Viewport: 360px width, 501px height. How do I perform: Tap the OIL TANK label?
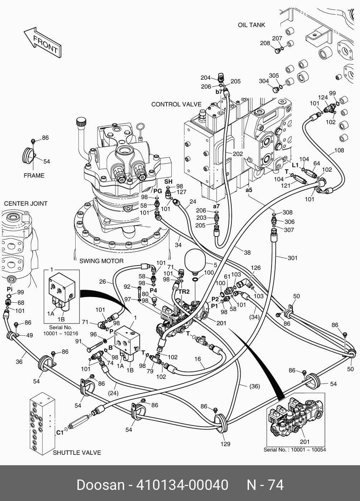click(x=251, y=25)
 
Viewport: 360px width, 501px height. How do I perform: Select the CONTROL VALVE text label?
click(x=176, y=104)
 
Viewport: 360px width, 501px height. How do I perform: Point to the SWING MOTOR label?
click(x=101, y=261)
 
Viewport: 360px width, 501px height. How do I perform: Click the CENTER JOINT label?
click(x=26, y=204)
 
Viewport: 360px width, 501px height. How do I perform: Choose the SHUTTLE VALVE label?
click(x=77, y=453)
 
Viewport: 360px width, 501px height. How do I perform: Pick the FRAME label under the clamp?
click(x=34, y=175)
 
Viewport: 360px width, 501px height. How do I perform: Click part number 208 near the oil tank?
click(x=265, y=43)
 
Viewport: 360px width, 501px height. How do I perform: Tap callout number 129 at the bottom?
click(x=225, y=444)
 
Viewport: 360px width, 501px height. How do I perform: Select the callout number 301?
click(x=293, y=258)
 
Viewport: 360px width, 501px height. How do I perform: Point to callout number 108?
click(x=339, y=150)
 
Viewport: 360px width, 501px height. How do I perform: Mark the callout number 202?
click(x=237, y=154)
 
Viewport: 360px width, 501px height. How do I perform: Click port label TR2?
click(x=184, y=292)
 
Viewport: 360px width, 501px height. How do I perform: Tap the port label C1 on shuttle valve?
click(x=59, y=432)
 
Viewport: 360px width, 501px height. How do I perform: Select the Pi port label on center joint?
click(x=10, y=288)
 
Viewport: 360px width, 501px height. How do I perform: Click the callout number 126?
click(x=256, y=268)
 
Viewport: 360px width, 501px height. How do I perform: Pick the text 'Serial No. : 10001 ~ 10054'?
click(x=295, y=450)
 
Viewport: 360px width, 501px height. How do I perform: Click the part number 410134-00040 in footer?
click(x=182, y=485)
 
